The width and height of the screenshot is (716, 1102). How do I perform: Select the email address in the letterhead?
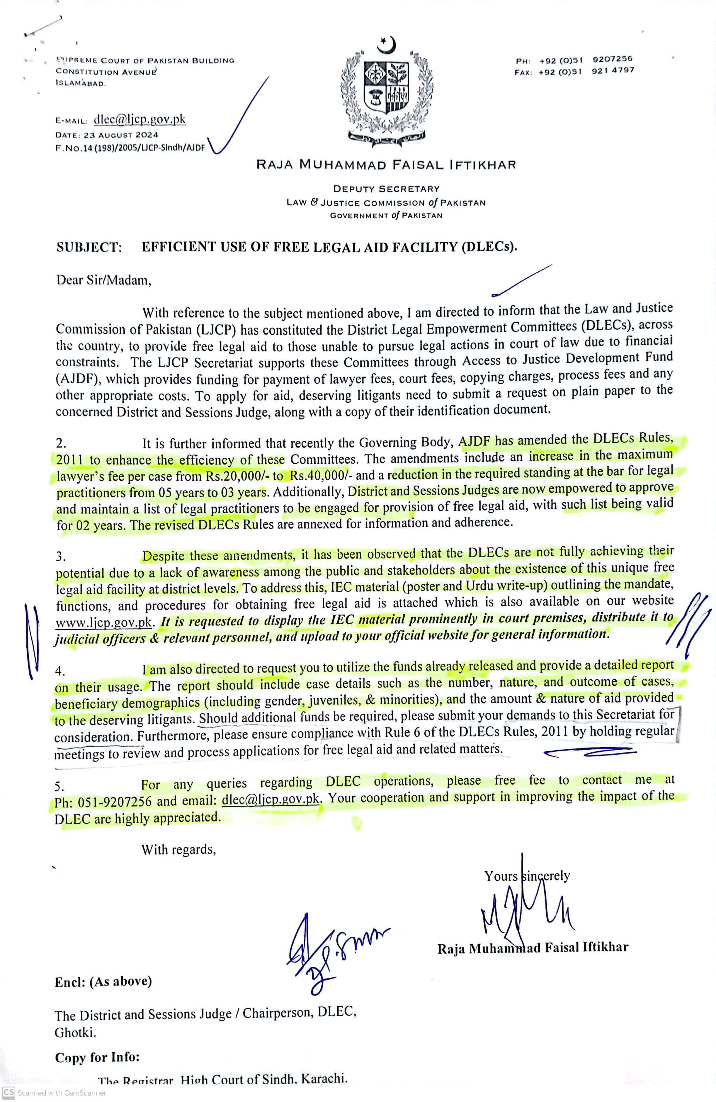pyautogui.click(x=139, y=119)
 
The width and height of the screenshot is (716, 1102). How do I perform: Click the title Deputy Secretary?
pyautogui.click(x=386, y=189)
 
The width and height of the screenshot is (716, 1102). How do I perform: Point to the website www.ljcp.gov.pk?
pyautogui.click(x=104, y=622)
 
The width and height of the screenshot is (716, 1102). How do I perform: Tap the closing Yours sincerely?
pyautogui.click(x=527, y=875)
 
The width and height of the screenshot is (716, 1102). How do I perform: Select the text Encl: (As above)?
pyautogui.click(x=103, y=981)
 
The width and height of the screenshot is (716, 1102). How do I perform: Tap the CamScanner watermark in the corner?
pyautogui.click(x=55, y=1093)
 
